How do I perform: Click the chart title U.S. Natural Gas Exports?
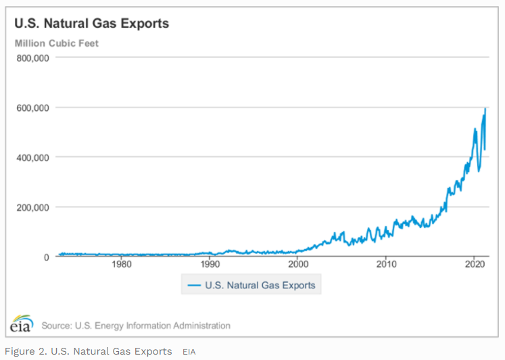coord(92,24)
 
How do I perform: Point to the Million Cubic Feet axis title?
coord(57,43)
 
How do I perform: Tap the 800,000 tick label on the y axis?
coord(32,58)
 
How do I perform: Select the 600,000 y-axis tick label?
coord(32,108)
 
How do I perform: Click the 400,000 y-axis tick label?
coord(32,157)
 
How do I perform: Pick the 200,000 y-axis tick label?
coord(32,207)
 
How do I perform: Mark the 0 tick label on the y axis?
coord(46,257)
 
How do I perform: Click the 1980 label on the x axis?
coord(122,264)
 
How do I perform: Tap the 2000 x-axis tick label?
coord(298,264)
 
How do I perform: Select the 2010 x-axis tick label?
coord(386,264)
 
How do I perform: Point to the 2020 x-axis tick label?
coord(474,264)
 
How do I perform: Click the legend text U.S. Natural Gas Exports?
coord(261,286)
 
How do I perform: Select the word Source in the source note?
coord(57,325)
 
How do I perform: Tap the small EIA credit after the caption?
coord(189,352)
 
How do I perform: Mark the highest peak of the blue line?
coord(485,108)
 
